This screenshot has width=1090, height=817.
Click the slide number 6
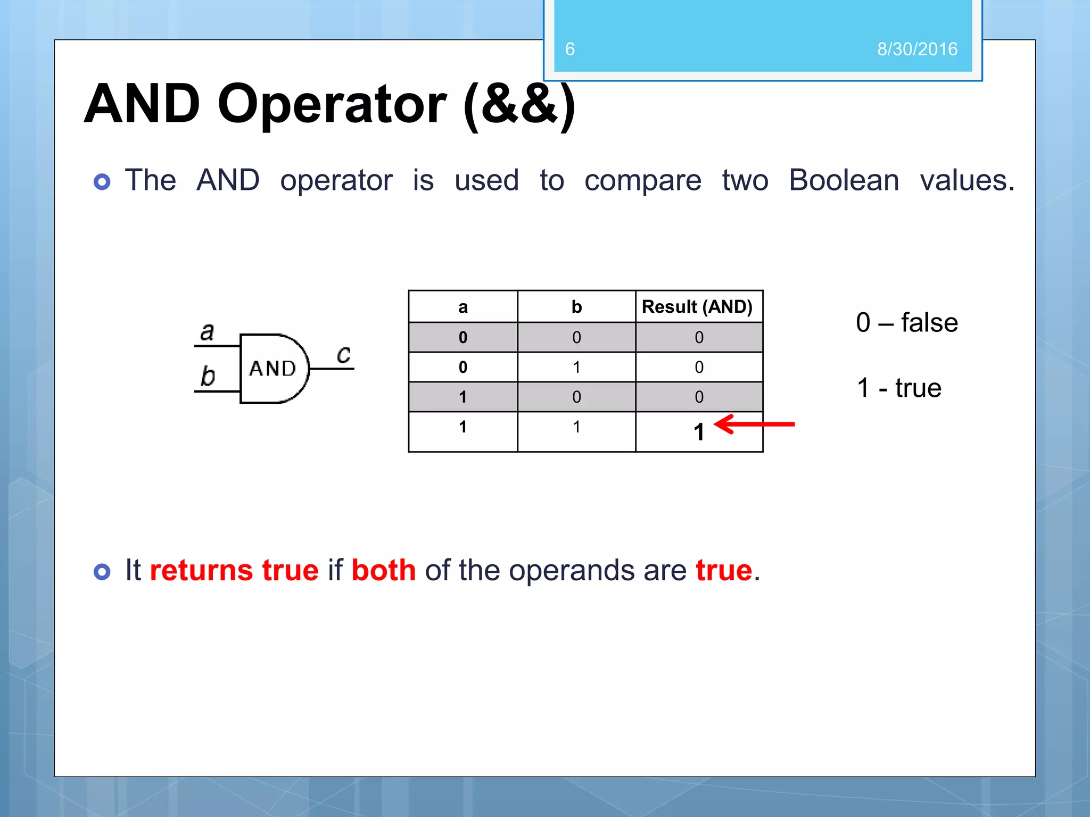(569, 49)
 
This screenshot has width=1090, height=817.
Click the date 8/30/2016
(917, 49)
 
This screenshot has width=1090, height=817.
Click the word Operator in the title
(332, 104)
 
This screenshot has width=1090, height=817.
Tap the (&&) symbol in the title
(519, 104)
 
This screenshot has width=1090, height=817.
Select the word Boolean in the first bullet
(844, 180)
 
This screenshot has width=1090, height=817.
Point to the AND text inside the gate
(272, 368)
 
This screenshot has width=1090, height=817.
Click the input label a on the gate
(207, 332)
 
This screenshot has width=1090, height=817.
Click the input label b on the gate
(207, 376)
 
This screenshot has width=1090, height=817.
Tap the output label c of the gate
(344, 354)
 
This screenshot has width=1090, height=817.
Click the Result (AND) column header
(697, 307)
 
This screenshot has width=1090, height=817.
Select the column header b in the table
(576, 307)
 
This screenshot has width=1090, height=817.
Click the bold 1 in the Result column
(699, 432)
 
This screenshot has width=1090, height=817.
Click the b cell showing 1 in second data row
(576, 367)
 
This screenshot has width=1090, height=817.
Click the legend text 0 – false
(906, 322)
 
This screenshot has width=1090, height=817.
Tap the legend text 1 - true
(898, 388)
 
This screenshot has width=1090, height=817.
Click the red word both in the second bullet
(383, 570)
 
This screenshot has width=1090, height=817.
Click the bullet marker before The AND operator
(102, 182)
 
